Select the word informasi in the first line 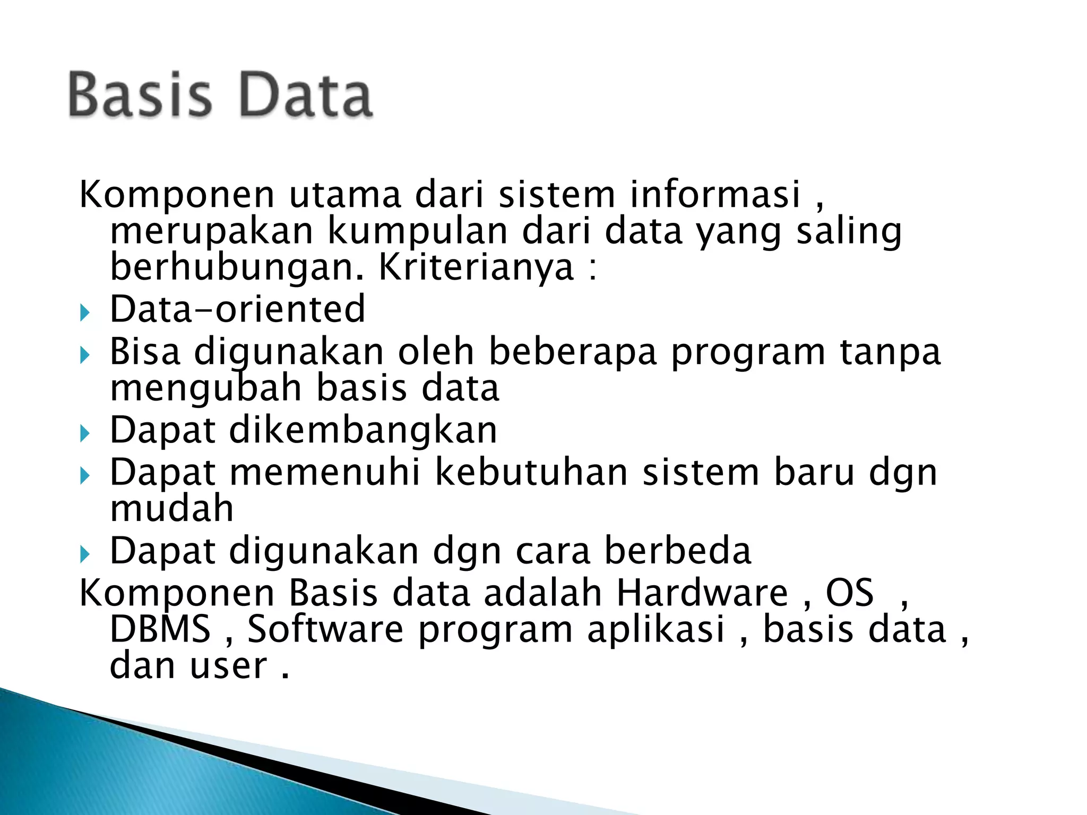[x=715, y=194]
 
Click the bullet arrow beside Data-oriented [x=85, y=313]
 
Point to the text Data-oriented [x=237, y=309]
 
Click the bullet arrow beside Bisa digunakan [x=85, y=355]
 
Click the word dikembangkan [x=363, y=430]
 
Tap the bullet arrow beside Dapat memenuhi [x=85, y=475]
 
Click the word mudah [x=171, y=508]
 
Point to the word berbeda [x=678, y=551]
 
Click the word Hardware [x=702, y=593]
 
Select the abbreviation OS [x=849, y=593]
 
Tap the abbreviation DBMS [x=160, y=629]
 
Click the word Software [x=325, y=629]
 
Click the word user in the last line [x=229, y=666]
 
